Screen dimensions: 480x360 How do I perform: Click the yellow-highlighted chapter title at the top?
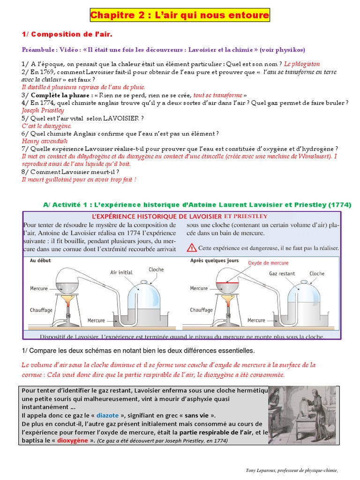pyautogui.click(x=180, y=16)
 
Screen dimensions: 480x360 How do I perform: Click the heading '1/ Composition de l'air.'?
pyautogui.click(x=67, y=34)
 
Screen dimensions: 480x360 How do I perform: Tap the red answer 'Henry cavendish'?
pyautogui.click(x=45, y=141)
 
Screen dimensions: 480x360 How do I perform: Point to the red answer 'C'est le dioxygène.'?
pyautogui.click(x=46, y=126)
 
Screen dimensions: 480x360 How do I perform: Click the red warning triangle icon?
pyautogui.click(x=192, y=247)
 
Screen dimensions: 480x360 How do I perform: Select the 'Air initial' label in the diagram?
pyautogui.click(x=121, y=272)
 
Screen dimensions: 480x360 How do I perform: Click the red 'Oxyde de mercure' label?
pyautogui.click(x=269, y=263)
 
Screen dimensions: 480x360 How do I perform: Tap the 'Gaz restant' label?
pyautogui.click(x=282, y=273)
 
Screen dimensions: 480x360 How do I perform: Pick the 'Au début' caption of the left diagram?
pyautogui.click(x=40, y=261)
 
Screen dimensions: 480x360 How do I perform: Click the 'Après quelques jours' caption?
pyautogui.click(x=214, y=261)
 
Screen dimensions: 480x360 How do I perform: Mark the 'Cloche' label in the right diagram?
pyautogui.click(x=317, y=273)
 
